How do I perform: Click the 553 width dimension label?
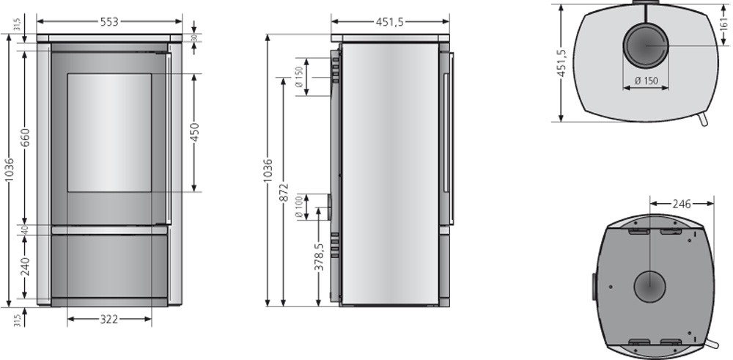pos(109,21)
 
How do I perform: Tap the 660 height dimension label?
pos(25,137)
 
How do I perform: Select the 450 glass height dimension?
pos(194,132)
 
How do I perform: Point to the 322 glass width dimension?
pos(109,320)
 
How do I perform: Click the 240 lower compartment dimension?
pos(25,266)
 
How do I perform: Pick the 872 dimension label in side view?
pos(284,193)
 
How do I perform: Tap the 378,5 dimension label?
pos(319,257)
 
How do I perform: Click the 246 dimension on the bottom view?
pos(682,203)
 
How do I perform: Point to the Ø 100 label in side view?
pos(299,207)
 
